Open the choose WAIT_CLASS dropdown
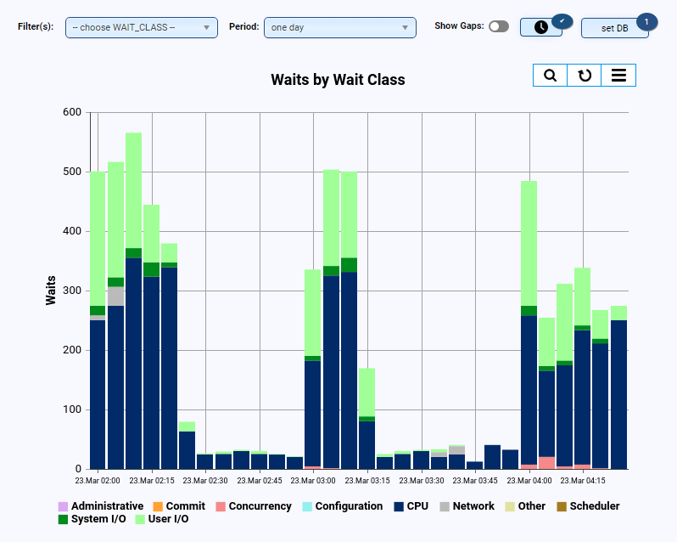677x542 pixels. click(141, 28)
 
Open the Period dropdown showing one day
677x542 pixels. click(339, 28)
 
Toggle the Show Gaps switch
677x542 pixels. click(499, 26)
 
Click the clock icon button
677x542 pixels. click(540, 27)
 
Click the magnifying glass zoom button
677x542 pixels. click(550, 76)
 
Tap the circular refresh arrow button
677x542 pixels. click(585, 76)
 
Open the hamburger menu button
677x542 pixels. click(618, 76)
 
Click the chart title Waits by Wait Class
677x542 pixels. click(338, 80)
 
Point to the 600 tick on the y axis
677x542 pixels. click(72, 112)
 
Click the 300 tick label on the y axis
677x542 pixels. click(72, 291)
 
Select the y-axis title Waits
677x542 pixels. click(51, 291)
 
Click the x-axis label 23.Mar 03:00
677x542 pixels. click(314, 480)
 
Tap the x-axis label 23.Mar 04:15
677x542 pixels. click(583, 480)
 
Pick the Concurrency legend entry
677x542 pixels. click(255, 506)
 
